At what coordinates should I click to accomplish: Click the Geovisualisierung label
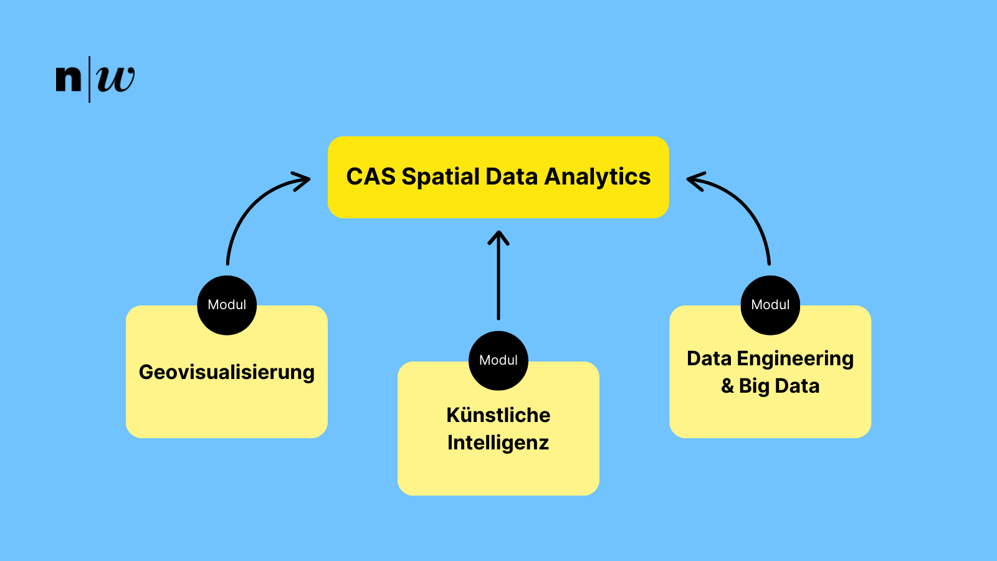(226, 372)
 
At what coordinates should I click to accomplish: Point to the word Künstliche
(499, 415)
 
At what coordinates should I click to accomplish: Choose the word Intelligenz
(499, 443)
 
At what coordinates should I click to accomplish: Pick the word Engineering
(795, 359)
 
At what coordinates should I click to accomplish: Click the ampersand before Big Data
(727, 386)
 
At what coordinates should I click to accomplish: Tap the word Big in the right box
(754, 386)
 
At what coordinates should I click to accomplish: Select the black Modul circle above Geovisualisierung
(227, 305)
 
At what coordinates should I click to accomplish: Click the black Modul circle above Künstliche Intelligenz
(499, 360)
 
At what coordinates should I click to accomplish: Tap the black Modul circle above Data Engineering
(770, 305)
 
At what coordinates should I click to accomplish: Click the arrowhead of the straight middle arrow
(499, 235)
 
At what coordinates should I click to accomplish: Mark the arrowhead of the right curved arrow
(692, 180)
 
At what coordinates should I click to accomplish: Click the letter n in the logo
(69, 79)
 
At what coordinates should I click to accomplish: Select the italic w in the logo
(116, 79)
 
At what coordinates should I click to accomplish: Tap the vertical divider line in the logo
(90, 79)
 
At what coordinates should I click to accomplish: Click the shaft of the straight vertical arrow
(499, 280)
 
